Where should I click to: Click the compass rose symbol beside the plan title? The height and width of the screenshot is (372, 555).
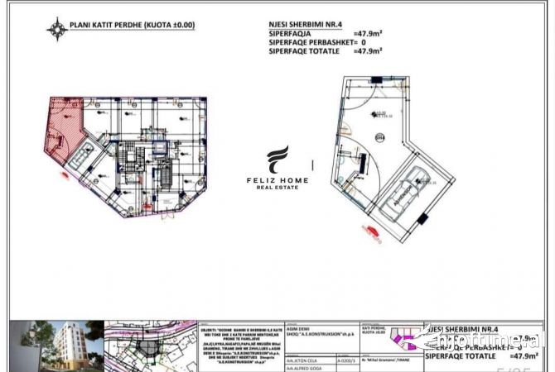point(56,29)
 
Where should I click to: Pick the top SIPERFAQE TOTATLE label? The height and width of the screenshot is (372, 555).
point(303,51)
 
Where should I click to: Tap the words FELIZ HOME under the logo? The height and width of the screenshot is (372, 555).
point(277,179)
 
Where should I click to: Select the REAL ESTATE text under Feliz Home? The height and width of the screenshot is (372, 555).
point(277,188)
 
